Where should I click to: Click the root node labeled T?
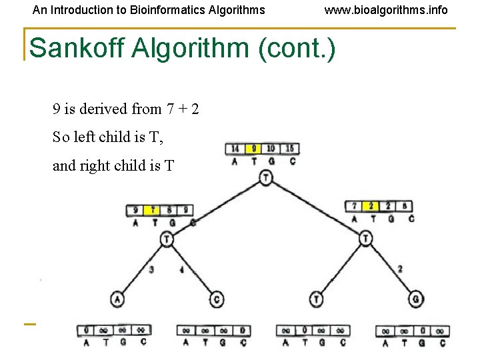(266, 177)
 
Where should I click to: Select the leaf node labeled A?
(117, 299)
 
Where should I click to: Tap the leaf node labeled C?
(217, 299)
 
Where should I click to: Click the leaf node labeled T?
(317, 299)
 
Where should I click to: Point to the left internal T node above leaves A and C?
(167, 239)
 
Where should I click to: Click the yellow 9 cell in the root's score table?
(252, 149)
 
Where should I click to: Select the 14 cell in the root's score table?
(235, 149)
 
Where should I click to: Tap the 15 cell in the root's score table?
(290, 149)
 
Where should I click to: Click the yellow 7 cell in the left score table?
(154, 210)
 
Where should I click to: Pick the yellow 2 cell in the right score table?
(371, 206)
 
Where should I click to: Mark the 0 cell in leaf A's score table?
(87, 330)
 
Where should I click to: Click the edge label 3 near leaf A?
(152, 269)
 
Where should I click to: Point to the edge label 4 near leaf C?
(181, 269)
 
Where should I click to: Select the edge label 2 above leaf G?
(399, 269)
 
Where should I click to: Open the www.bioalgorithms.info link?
(386, 10)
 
